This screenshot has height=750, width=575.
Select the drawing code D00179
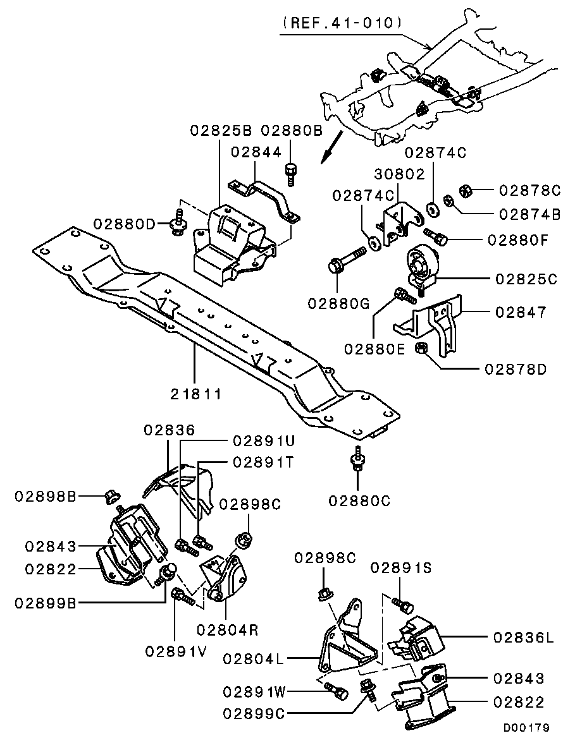tap(526, 728)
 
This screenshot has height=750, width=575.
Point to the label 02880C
tap(359, 501)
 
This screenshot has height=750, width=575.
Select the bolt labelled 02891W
tap(338, 692)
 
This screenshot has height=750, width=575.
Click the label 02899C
tap(254, 713)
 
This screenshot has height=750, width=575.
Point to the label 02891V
tap(175, 651)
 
